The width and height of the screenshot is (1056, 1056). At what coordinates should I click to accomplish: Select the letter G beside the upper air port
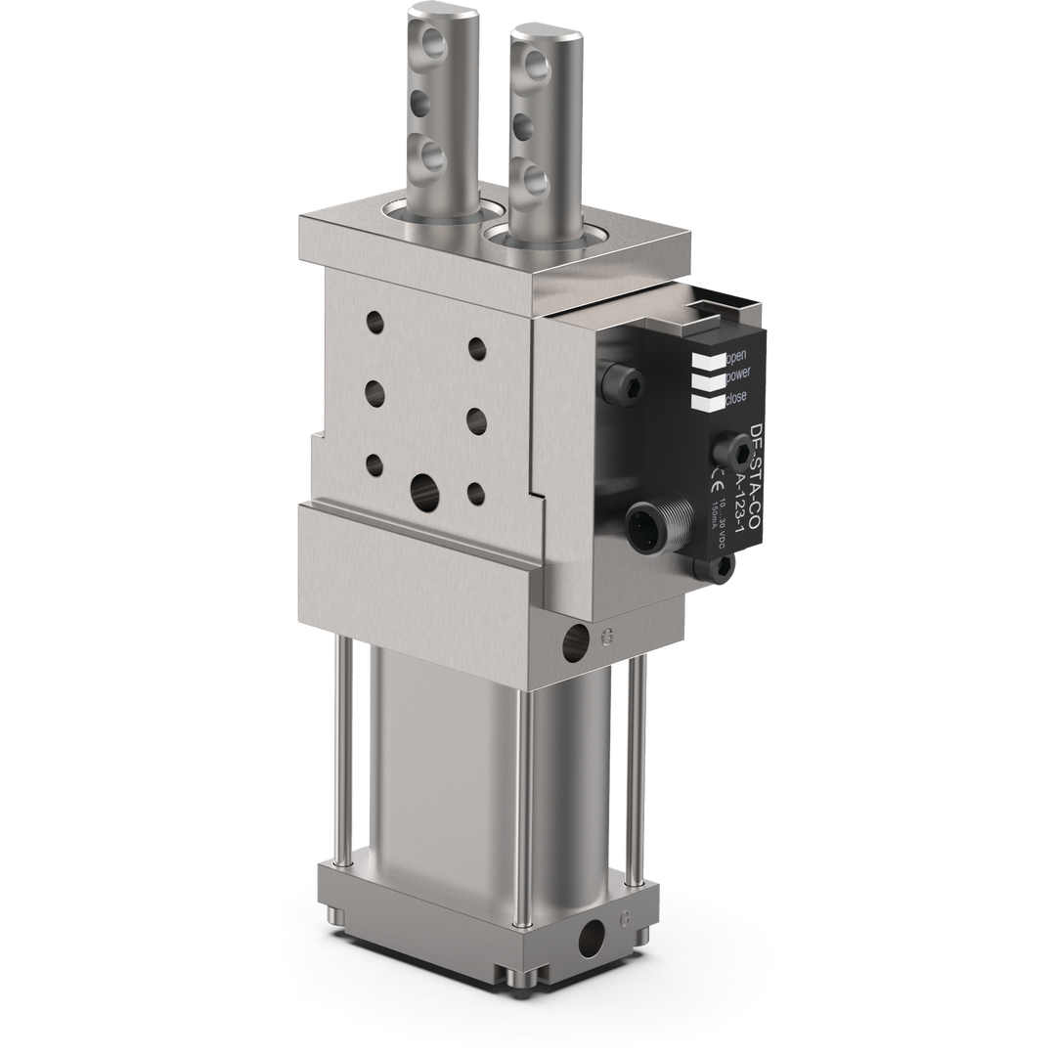point(607,637)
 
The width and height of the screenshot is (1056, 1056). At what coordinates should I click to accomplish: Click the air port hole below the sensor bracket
point(575,642)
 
